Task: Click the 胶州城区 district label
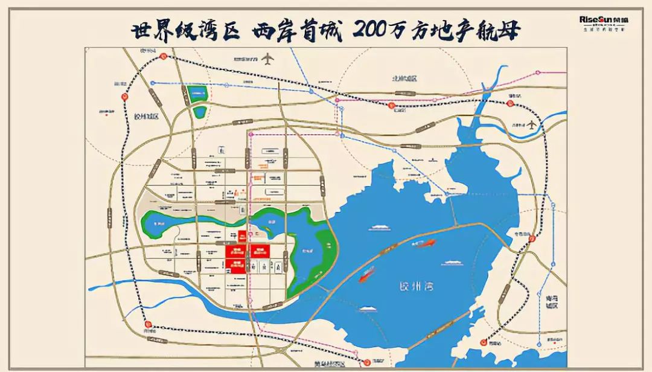pos(145,117)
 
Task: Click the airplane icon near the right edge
pos(531,125)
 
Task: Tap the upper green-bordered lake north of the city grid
pos(197,94)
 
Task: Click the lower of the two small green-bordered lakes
pos(199,112)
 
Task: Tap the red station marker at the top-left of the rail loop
pos(163,55)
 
